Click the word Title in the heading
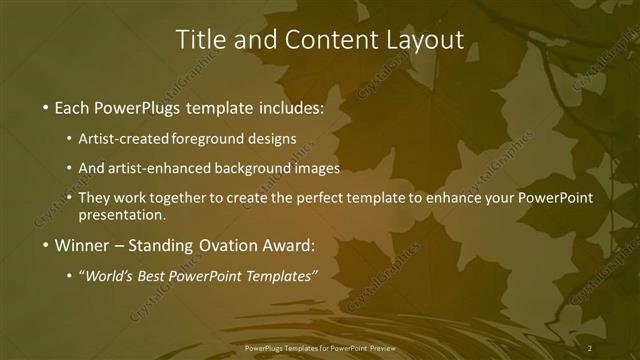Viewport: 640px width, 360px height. click(x=200, y=40)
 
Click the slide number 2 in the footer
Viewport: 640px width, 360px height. click(x=590, y=347)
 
